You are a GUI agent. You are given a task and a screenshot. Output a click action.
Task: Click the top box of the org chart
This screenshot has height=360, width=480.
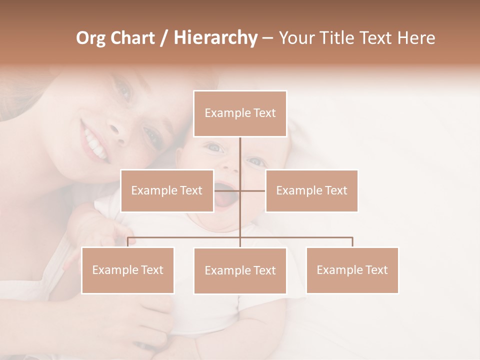pyautogui.click(x=240, y=113)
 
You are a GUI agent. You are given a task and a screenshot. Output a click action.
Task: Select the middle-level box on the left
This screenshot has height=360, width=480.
pyautogui.click(x=167, y=190)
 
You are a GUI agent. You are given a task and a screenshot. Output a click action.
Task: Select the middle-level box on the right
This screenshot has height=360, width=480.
pyautogui.click(x=311, y=190)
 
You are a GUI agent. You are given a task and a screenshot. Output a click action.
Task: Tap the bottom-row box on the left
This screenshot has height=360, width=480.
pyautogui.click(x=127, y=270)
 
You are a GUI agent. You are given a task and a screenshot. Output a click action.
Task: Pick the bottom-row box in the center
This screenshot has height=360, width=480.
pyautogui.click(x=240, y=270)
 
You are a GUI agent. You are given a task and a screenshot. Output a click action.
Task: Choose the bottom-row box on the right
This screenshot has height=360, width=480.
pyautogui.click(x=352, y=270)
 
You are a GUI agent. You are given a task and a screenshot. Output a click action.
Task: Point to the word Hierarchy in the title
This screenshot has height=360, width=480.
pyautogui.click(x=215, y=38)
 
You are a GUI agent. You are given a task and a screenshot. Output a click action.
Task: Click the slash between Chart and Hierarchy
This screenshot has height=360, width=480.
pyautogui.click(x=164, y=38)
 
